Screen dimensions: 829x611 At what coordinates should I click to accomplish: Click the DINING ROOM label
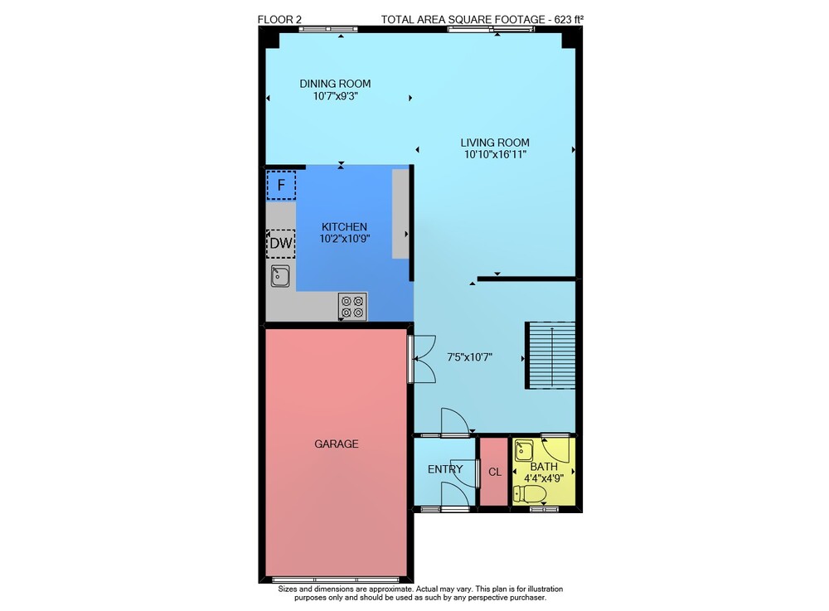(335, 84)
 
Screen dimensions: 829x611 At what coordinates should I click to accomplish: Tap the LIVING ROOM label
(495, 142)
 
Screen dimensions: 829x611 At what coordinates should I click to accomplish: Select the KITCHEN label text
(344, 227)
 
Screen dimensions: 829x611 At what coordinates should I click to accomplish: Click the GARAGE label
(337, 444)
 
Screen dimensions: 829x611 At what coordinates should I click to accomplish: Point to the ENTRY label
(445, 469)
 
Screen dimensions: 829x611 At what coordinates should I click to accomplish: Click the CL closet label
(495, 472)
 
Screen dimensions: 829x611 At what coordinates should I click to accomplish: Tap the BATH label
(544, 467)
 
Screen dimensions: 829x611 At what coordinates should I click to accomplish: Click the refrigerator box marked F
(281, 185)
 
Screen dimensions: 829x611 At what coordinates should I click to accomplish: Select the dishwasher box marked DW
(281, 243)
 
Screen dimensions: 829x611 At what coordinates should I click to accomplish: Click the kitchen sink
(280, 276)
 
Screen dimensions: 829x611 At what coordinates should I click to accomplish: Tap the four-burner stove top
(352, 307)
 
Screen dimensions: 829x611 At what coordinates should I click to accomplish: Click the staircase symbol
(550, 355)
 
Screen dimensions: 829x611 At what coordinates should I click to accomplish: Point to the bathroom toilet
(530, 495)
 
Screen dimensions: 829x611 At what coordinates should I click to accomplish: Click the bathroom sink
(525, 451)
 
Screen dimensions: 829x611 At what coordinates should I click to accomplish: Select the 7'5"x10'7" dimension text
(469, 357)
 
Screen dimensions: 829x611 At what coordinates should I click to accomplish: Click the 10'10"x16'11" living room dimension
(495, 154)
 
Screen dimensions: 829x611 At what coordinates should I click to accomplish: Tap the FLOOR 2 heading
(279, 20)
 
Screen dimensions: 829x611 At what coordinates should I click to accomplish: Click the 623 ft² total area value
(569, 20)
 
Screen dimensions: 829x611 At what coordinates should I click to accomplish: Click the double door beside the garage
(423, 358)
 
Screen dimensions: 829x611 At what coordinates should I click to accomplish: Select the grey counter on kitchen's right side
(400, 214)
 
